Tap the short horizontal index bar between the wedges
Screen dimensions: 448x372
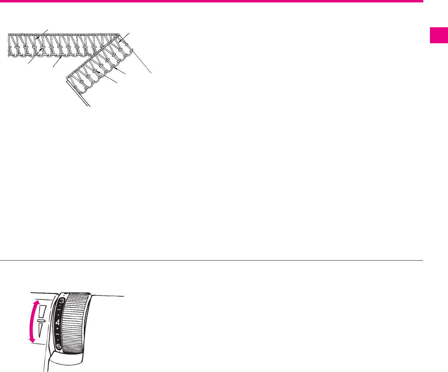[x=41, y=321]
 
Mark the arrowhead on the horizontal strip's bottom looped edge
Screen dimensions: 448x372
[x=61, y=57]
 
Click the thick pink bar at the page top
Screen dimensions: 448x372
[x=211, y=2]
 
